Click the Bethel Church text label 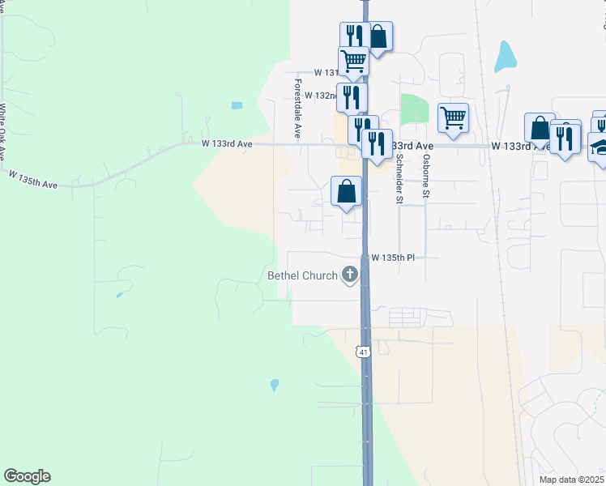pyautogui.click(x=302, y=275)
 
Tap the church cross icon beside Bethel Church pyautogui.click(x=350, y=275)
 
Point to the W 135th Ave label pyautogui.click(x=33, y=179)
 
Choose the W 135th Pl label pyautogui.click(x=392, y=258)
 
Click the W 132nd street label pyautogui.click(x=323, y=96)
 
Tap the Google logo pyautogui.click(x=27, y=476)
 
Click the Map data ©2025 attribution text pyautogui.click(x=571, y=480)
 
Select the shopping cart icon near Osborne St pyautogui.click(x=454, y=117)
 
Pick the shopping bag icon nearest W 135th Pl pyautogui.click(x=346, y=191)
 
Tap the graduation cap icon pyautogui.click(x=600, y=147)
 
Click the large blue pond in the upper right pyautogui.click(x=505, y=57)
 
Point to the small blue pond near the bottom pyautogui.click(x=275, y=385)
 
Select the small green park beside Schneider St pyautogui.click(x=414, y=108)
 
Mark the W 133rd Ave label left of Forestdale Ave pyautogui.click(x=228, y=144)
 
